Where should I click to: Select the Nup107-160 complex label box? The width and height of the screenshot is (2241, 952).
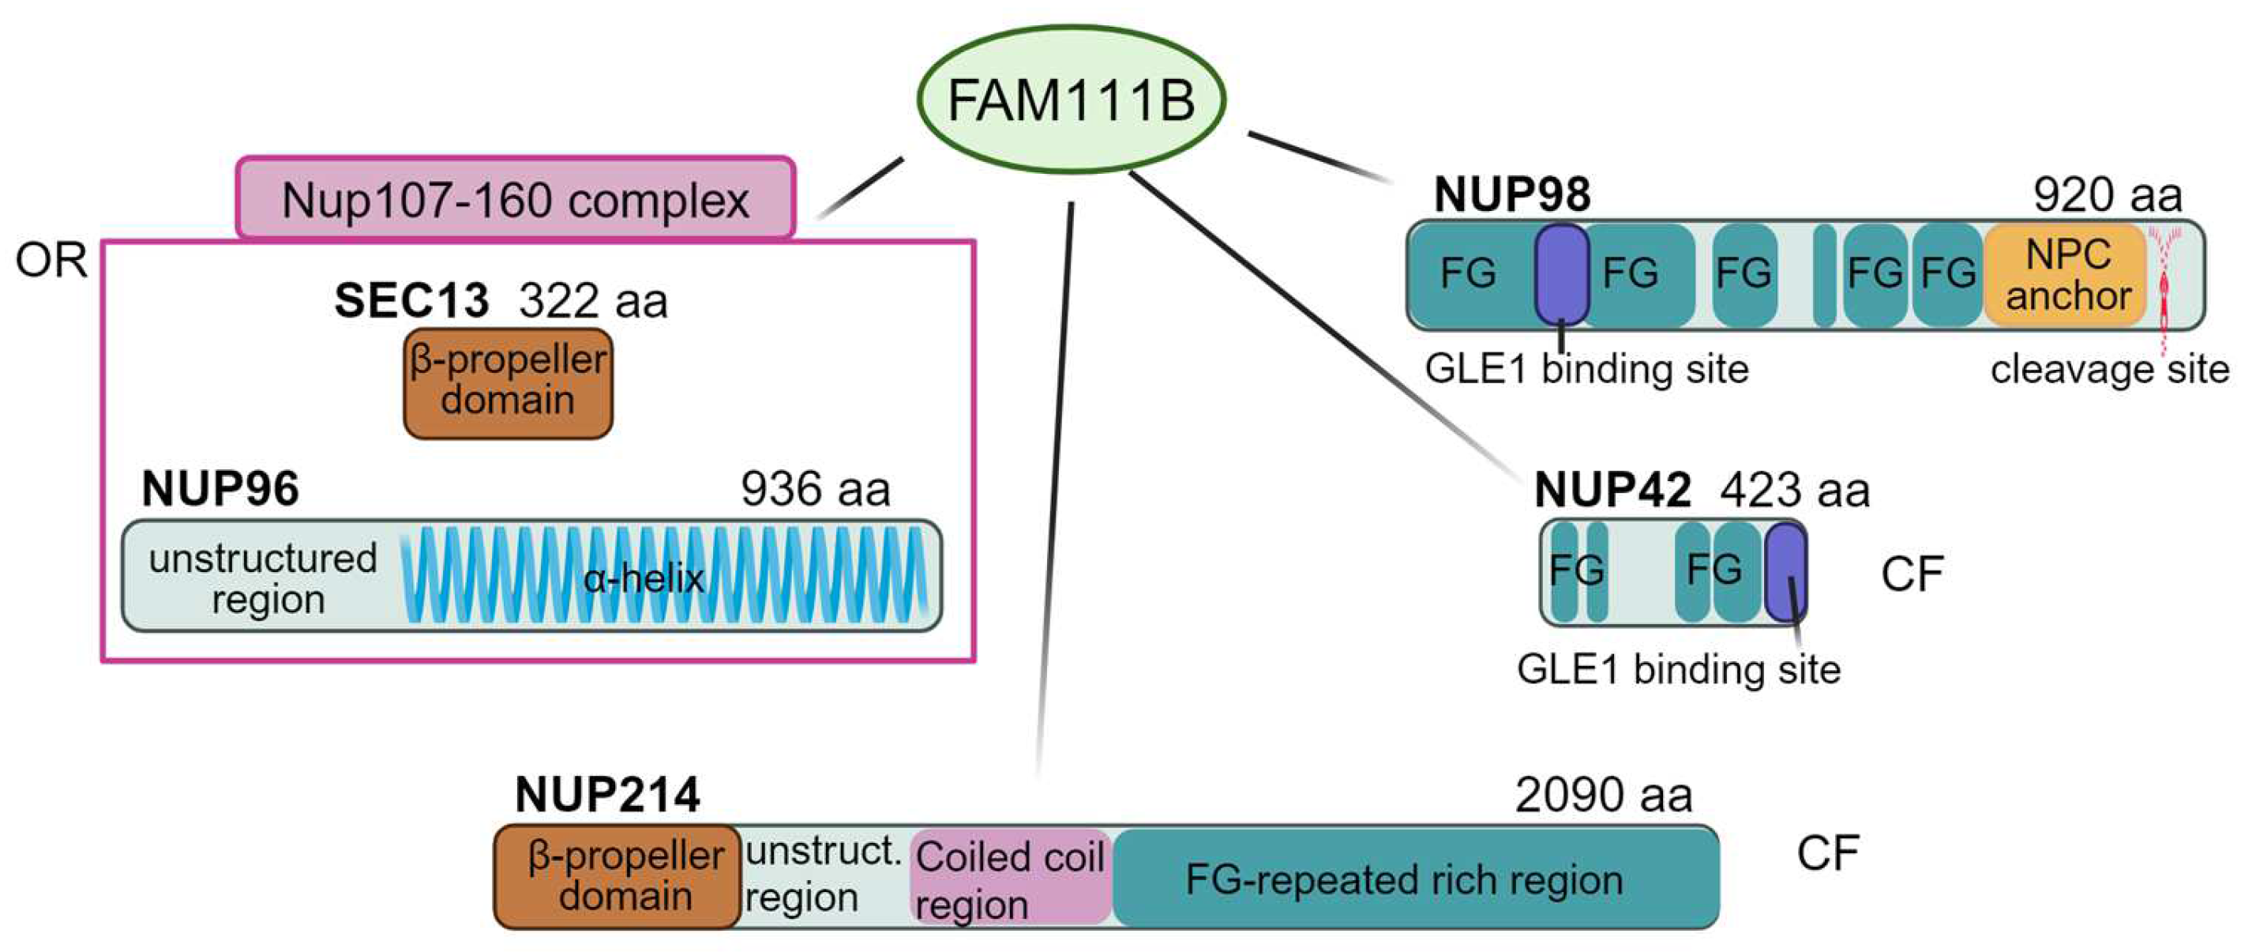pos(515,198)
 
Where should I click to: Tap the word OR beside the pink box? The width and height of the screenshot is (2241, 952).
pos(51,260)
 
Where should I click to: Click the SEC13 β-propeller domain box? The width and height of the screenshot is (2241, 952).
pos(508,382)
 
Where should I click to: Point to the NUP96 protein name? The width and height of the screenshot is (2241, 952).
pos(220,488)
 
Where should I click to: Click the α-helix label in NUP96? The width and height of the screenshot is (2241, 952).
pos(643,578)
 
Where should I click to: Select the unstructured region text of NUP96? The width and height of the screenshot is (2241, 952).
pos(263,578)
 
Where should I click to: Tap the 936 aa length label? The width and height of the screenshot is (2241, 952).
pos(815,488)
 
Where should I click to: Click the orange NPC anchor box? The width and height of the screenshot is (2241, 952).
pos(2068,275)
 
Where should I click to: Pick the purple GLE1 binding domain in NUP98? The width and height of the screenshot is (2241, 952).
pos(1562,273)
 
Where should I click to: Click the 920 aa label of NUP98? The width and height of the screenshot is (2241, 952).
pos(2107,194)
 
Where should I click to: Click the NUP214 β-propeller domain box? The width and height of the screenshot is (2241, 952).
pos(617,876)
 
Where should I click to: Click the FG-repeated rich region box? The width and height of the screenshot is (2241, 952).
pos(1413,877)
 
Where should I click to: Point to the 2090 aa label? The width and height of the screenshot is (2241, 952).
pos(1602,795)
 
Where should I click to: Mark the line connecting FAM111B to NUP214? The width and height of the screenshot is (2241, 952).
pos(1054,487)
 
